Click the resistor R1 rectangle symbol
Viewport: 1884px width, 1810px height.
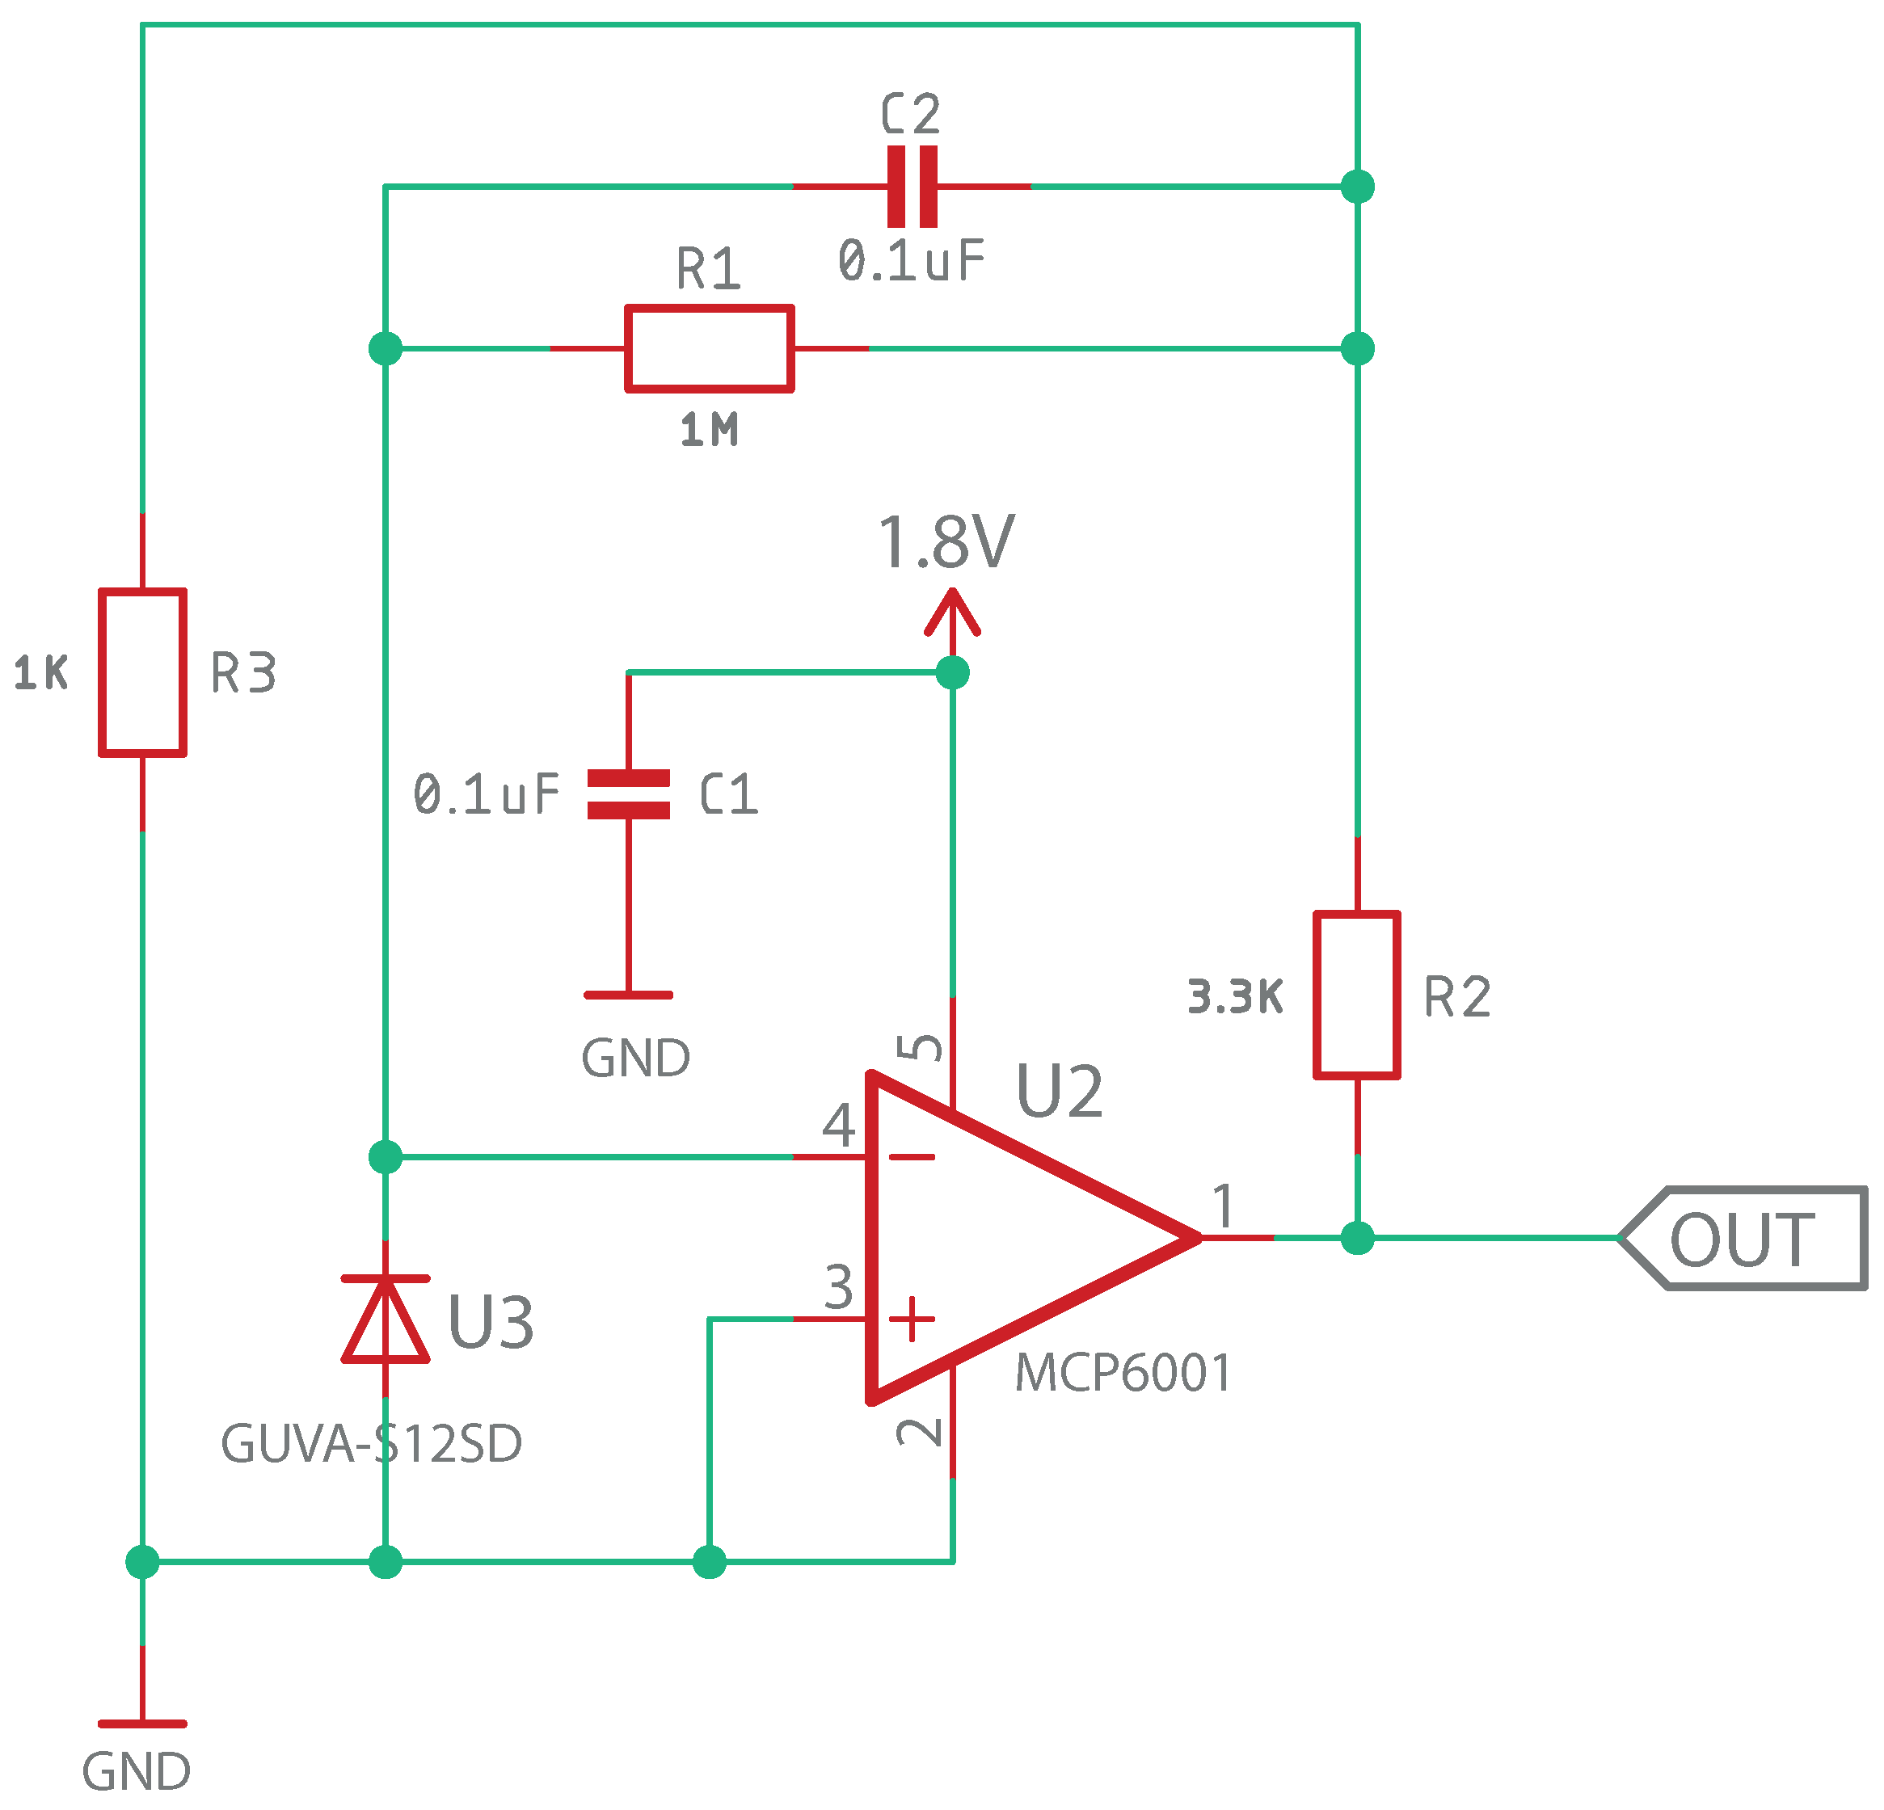709,348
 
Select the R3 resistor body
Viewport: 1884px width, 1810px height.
142,673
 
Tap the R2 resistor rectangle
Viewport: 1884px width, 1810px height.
1355,995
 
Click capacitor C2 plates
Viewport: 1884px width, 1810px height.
911,187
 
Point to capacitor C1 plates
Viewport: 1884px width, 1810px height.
629,794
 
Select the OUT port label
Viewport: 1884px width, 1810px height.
1742,1239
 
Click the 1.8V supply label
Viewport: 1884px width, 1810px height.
946,542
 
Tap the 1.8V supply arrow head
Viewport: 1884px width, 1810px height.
951,612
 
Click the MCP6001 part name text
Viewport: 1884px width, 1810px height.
1122,1373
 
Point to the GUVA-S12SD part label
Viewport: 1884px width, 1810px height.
371,1444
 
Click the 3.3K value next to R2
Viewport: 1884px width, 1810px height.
1234,997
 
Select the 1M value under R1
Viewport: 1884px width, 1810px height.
709,430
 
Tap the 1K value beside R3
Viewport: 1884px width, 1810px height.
41,673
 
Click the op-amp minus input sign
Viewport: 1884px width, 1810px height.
911,1156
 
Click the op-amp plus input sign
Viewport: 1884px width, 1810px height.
911,1319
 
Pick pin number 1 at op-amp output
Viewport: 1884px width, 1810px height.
1223,1206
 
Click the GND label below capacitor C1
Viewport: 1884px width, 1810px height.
635,1059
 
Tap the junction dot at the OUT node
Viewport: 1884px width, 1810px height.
1356,1238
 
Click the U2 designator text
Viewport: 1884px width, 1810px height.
1060,1091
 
